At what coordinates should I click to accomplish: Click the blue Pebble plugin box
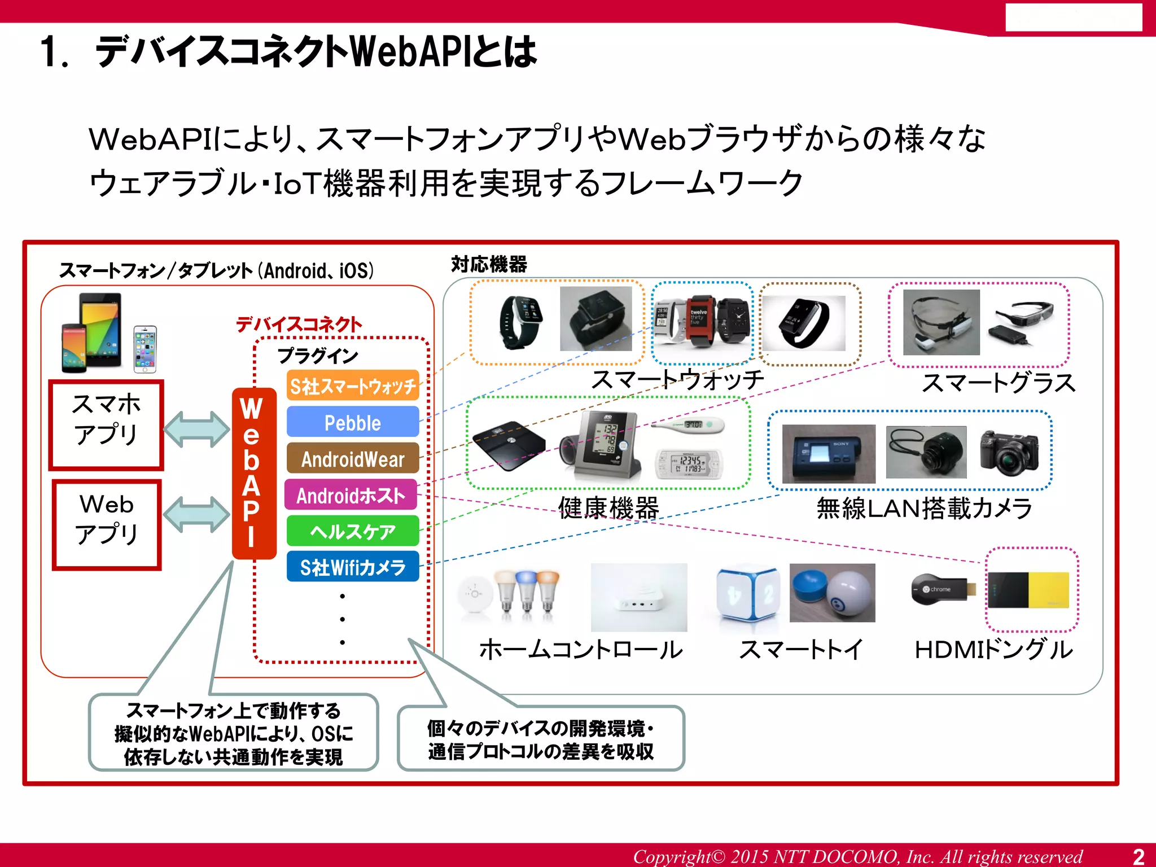click(x=353, y=422)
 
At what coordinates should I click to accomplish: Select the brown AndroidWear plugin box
click(x=353, y=458)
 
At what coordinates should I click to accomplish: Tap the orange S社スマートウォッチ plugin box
click(x=353, y=386)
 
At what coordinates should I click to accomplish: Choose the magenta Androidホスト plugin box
click(x=351, y=495)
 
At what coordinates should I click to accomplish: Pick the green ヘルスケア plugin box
click(x=353, y=531)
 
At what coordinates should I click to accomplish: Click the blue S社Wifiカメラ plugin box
click(x=353, y=567)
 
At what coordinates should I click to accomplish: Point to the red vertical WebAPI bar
click(x=254, y=473)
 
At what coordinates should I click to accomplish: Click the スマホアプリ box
click(x=106, y=424)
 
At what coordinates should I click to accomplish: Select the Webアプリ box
click(x=107, y=524)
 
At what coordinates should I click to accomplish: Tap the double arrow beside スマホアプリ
click(x=196, y=429)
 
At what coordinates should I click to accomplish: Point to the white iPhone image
click(x=145, y=349)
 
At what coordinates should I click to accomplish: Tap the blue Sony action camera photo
click(x=828, y=453)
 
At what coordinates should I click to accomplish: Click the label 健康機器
click(x=608, y=507)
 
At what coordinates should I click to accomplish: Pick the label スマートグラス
click(x=998, y=383)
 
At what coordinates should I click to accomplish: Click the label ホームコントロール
click(x=581, y=649)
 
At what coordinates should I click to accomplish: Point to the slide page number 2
click(x=1139, y=856)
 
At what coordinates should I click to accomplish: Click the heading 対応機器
click(x=489, y=264)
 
